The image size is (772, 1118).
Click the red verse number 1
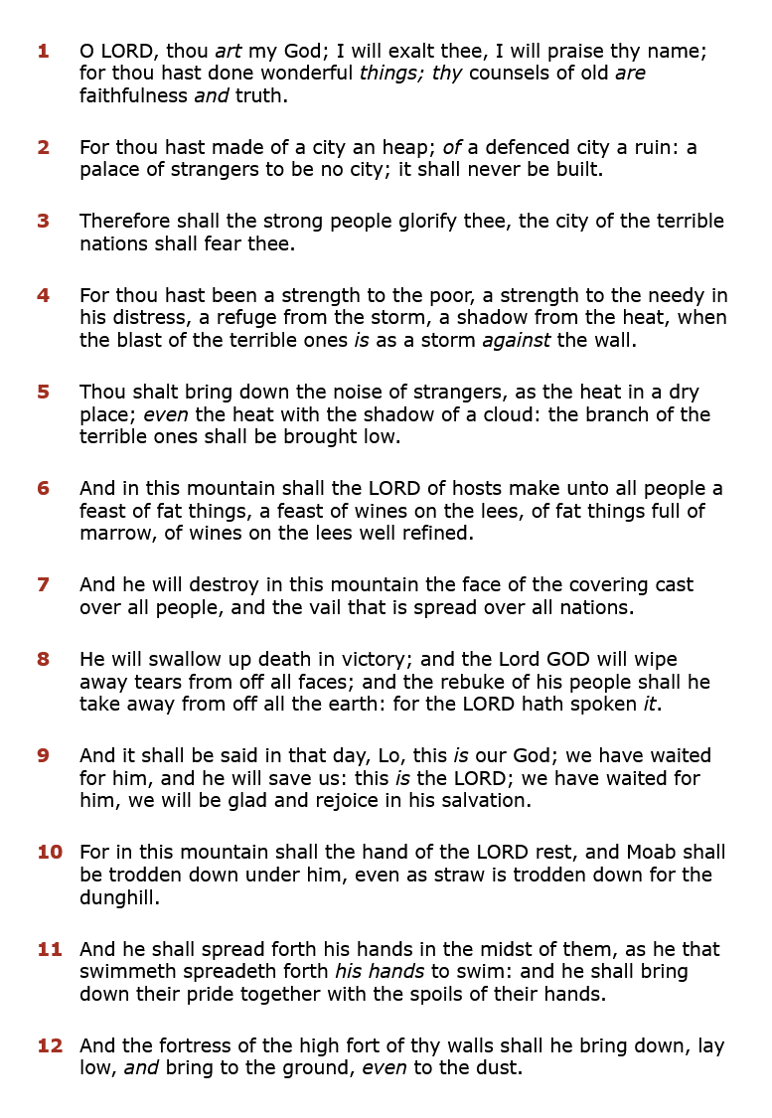pos(43,51)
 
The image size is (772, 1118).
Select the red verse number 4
pos(43,295)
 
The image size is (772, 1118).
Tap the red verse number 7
pos(43,584)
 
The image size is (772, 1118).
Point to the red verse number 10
pos(49,852)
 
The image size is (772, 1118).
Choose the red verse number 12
pos(49,1045)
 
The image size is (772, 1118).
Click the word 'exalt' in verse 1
pos(405,51)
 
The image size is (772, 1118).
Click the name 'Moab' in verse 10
pos(650,852)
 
